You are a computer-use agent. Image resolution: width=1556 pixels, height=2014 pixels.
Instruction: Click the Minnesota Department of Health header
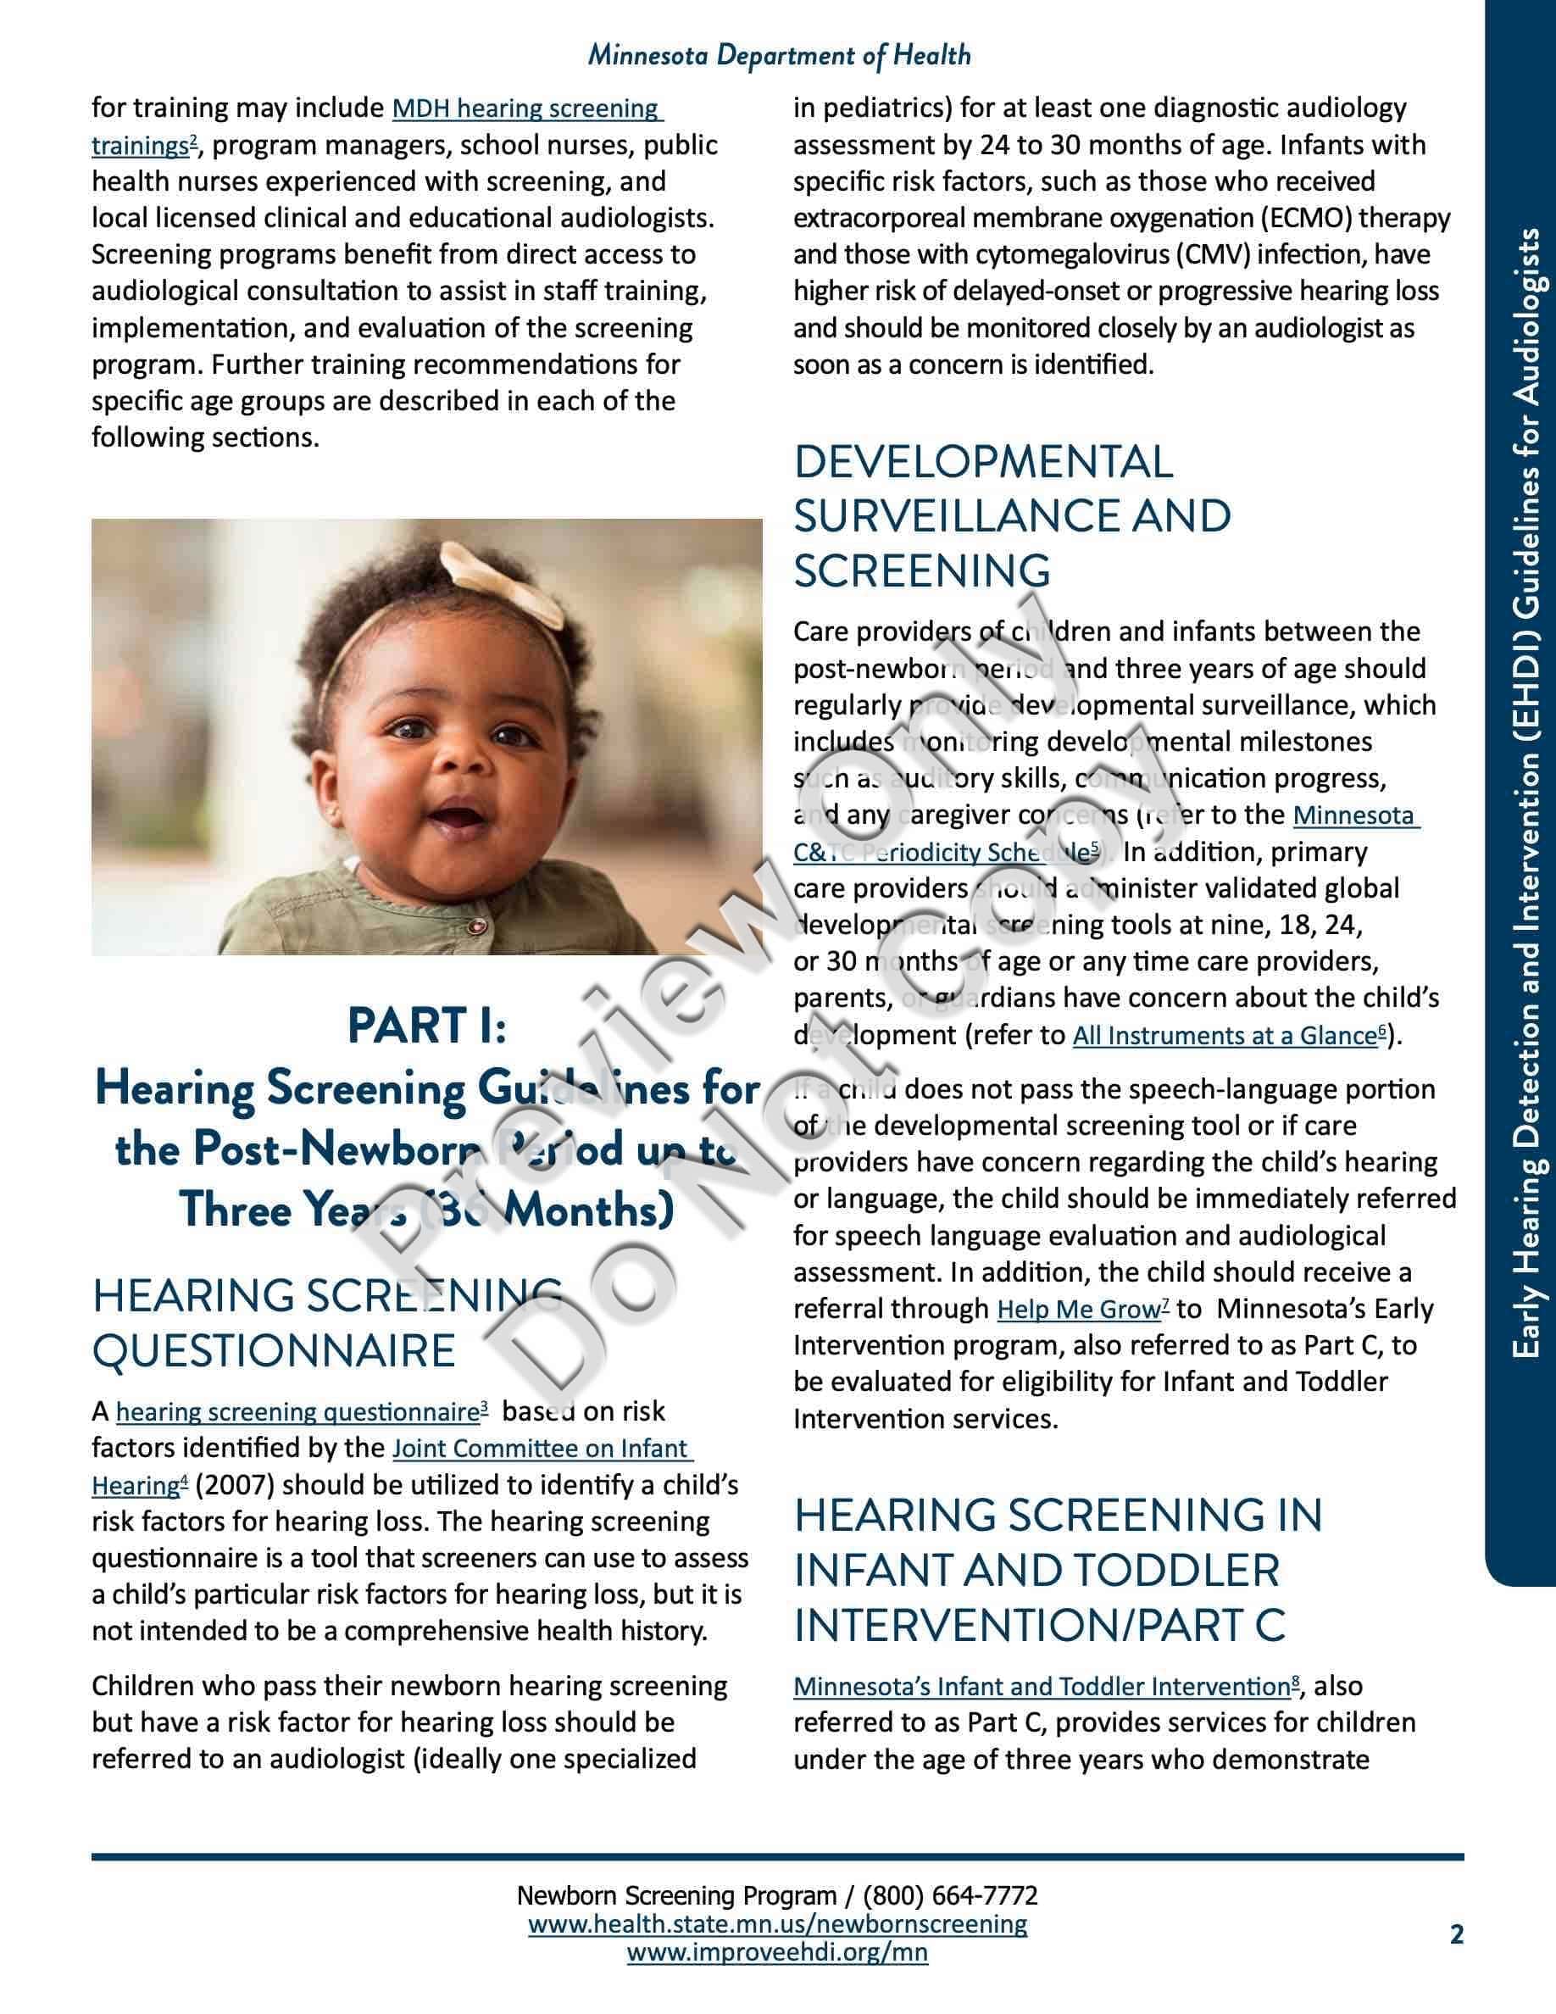(x=779, y=56)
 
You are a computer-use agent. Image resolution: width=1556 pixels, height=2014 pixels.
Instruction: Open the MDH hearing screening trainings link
(x=526, y=108)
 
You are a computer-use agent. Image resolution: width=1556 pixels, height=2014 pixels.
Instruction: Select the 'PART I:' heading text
(x=427, y=1026)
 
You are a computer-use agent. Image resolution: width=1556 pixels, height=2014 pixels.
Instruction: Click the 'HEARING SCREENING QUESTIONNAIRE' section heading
(x=327, y=1323)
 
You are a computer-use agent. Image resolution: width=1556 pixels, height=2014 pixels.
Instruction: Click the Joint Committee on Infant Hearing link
(x=541, y=1449)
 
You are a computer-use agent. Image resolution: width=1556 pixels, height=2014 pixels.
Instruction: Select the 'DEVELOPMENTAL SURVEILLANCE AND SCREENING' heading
(x=1011, y=515)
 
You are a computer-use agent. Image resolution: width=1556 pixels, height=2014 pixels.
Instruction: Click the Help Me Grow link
(x=1079, y=1310)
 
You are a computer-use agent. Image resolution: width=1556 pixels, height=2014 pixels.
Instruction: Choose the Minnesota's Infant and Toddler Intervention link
(x=1042, y=1687)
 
